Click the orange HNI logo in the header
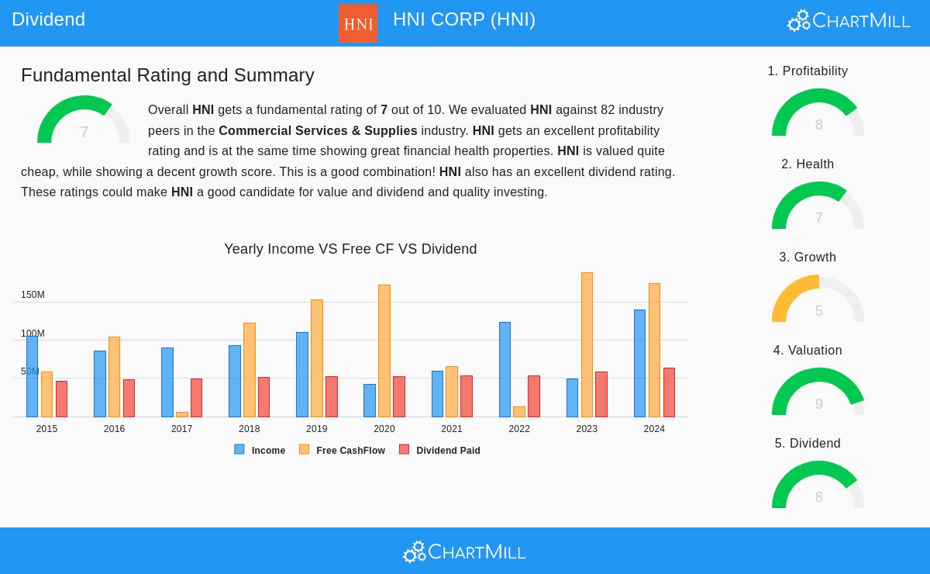358,23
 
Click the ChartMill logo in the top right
849,20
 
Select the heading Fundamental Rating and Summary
167,75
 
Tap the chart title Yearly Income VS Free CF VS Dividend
350,249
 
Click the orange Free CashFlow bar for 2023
587,344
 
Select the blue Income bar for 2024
639,363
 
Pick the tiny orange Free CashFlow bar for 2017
182,414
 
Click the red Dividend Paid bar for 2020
399,396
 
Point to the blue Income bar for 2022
505,369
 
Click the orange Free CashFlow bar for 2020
384,351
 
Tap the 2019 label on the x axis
316,429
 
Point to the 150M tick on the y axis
33,295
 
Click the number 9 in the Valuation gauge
818,404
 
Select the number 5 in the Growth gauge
818,311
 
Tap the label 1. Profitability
808,71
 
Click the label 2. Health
808,164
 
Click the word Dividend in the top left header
48,19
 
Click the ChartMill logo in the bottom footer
464,552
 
